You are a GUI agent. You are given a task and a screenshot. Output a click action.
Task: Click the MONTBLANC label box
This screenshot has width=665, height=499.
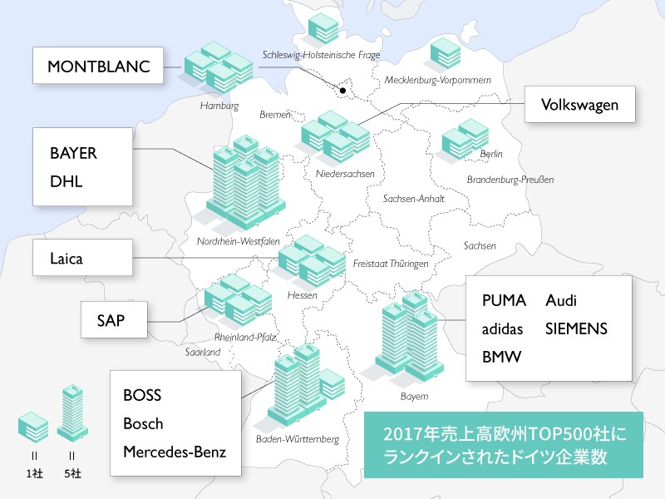(99, 66)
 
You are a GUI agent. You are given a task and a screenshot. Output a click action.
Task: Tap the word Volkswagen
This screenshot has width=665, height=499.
(578, 106)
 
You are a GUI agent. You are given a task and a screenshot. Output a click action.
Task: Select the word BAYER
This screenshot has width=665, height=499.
(73, 154)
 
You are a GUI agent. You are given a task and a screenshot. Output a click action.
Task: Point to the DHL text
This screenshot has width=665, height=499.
(66, 180)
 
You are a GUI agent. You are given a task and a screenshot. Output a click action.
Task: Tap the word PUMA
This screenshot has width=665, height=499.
(504, 301)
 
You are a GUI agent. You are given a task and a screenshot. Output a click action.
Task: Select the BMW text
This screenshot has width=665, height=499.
(501, 357)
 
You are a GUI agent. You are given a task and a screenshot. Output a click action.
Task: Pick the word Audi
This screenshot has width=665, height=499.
(561, 301)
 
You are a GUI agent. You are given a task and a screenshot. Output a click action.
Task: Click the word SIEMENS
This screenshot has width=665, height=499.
(576, 329)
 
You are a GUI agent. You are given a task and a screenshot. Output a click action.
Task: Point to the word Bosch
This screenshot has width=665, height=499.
(143, 423)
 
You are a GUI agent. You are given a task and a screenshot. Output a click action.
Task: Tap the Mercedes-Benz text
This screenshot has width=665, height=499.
(175, 452)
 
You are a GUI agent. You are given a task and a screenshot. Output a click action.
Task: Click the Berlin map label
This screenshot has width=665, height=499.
(491, 154)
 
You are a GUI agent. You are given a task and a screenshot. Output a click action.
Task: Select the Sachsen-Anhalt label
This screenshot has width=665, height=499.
(414, 200)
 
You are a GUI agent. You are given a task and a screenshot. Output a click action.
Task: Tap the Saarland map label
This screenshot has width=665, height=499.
(203, 352)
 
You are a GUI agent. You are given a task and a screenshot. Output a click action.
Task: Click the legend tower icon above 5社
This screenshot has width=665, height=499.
(72, 413)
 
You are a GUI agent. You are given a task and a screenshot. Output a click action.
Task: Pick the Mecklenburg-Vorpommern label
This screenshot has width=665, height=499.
(438, 80)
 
